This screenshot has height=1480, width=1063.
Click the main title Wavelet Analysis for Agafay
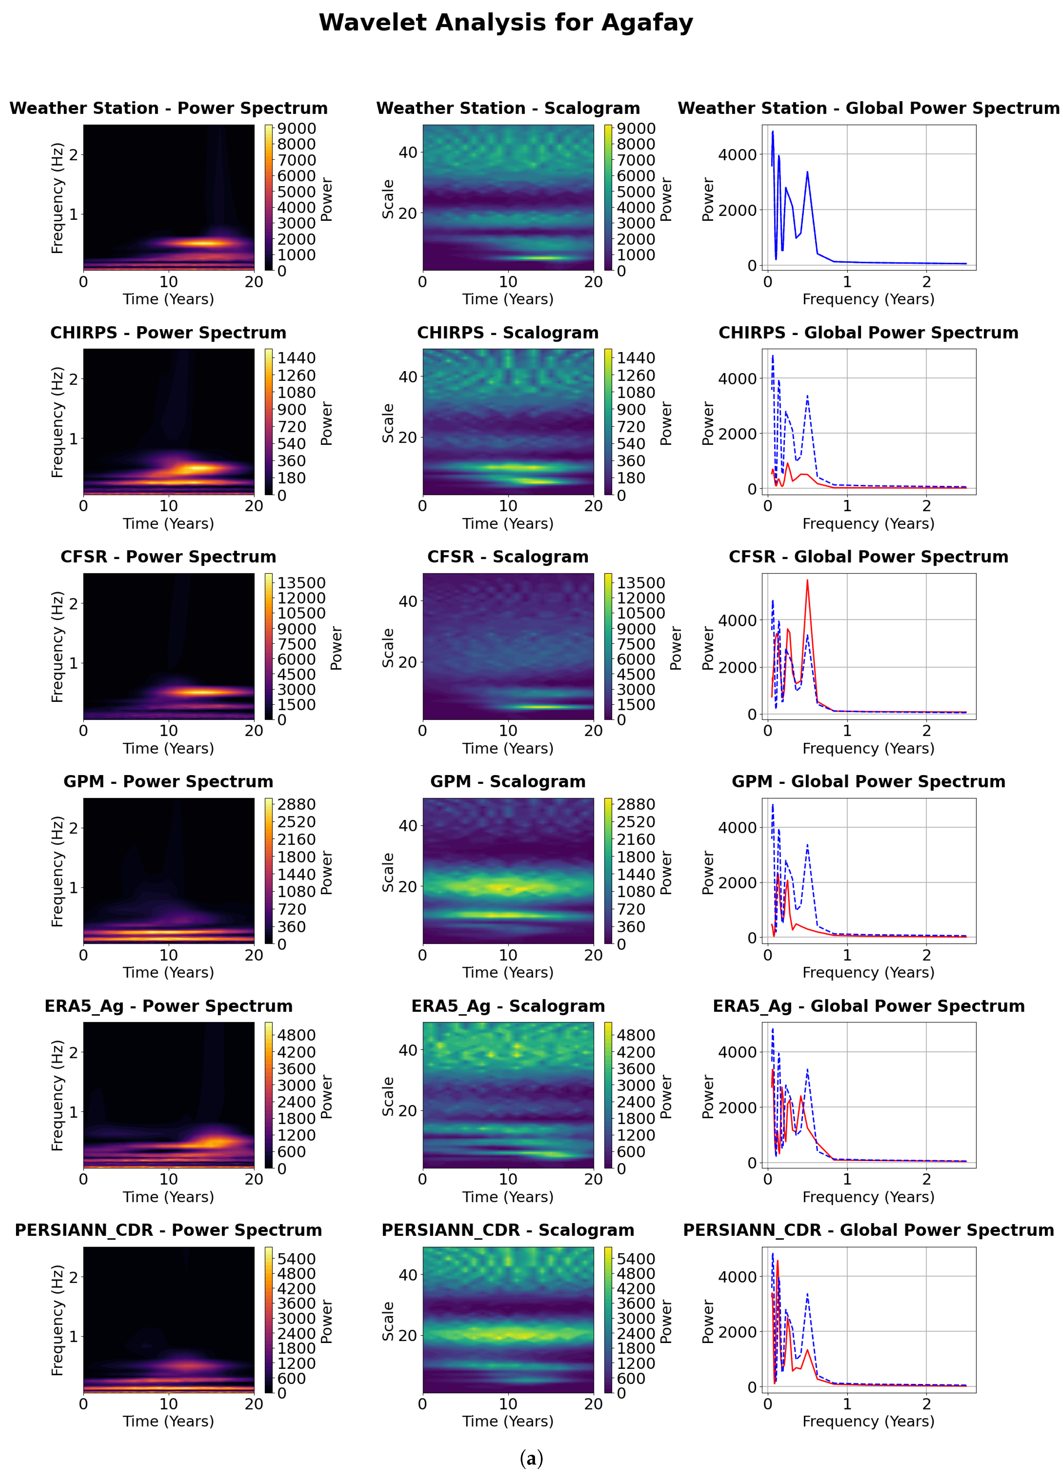[x=506, y=23]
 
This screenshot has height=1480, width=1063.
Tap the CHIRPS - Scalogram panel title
[x=507, y=333]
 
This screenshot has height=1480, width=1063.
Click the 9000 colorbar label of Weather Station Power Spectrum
[x=297, y=129]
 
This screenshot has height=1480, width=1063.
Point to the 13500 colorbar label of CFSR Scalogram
[x=641, y=583]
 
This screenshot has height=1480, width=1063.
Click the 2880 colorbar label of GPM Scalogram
[x=636, y=805]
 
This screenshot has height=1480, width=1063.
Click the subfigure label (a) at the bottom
[x=531, y=1458]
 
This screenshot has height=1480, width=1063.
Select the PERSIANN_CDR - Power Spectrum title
[x=168, y=1230]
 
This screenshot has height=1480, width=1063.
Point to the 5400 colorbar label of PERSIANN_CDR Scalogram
[x=636, y=1259]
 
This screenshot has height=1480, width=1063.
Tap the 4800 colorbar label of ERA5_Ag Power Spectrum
[x=297, y=1035]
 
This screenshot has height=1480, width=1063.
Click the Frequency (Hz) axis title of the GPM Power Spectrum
[x=58, y=871]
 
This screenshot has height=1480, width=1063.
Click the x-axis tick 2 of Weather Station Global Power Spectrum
[x=927, y=282]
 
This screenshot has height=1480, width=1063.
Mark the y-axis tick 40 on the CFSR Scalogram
[x=408, y=601]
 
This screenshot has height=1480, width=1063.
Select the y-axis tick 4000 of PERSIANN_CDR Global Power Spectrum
[x=737, y=1276]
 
